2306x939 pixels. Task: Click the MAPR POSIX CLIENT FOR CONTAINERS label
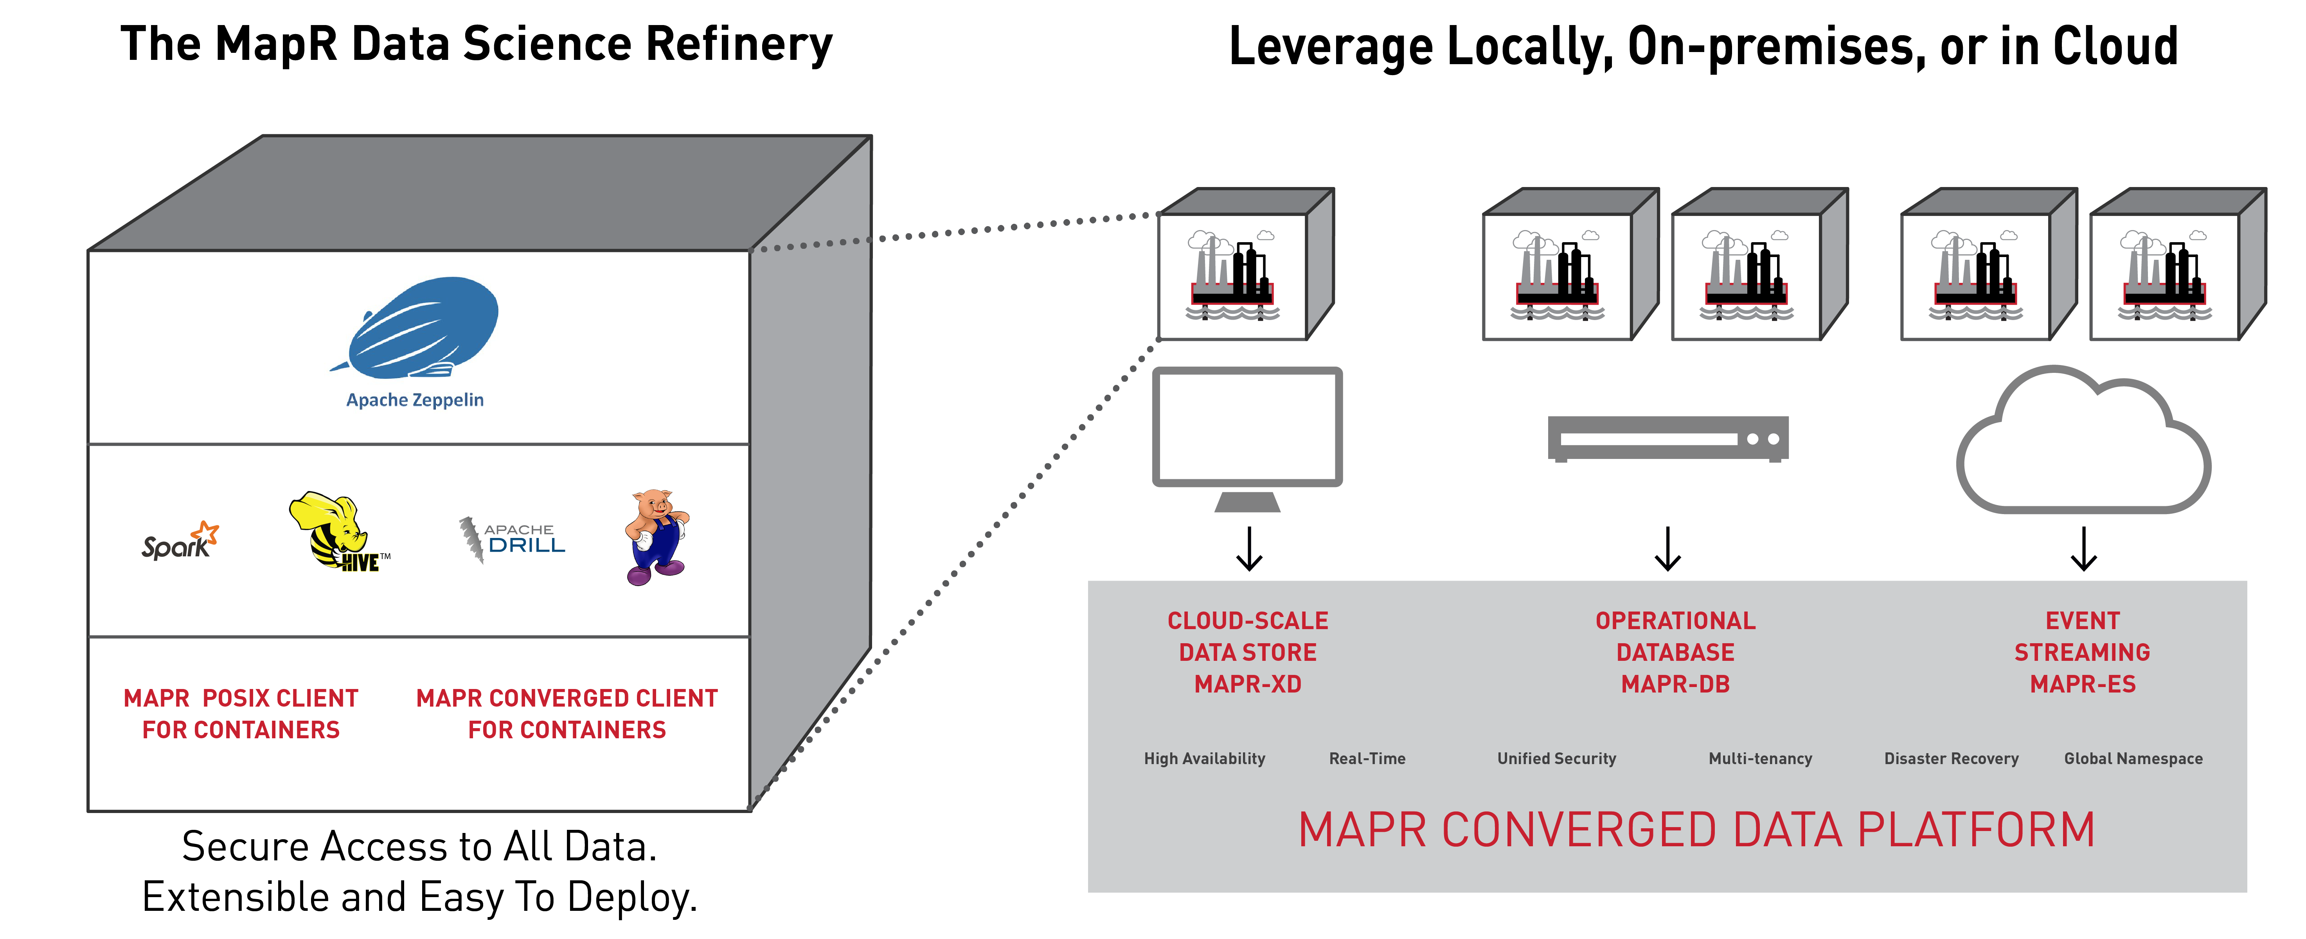pyautogui.click(x=241, y=713)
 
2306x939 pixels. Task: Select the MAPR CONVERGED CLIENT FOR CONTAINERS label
pyautogui.click(x=567, y=713)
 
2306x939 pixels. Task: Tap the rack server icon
pyautogui.click(x=1668, y=439)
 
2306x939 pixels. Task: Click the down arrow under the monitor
pyautogui.click(x=1249, y=549)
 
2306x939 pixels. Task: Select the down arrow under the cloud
pyautogui.click(x=2084, y=549)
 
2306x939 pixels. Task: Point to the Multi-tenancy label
pyautogui.click(x=1760, y=758)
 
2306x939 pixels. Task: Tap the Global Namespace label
pyautogui.click(x=2133, y=758)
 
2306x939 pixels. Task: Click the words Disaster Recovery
pyautogui.click(x=1952, y=758)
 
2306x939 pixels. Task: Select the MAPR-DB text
pyautogui.click(x=1675, y=684)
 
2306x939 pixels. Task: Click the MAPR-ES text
pyautogui.click(x=2082, y=684)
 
